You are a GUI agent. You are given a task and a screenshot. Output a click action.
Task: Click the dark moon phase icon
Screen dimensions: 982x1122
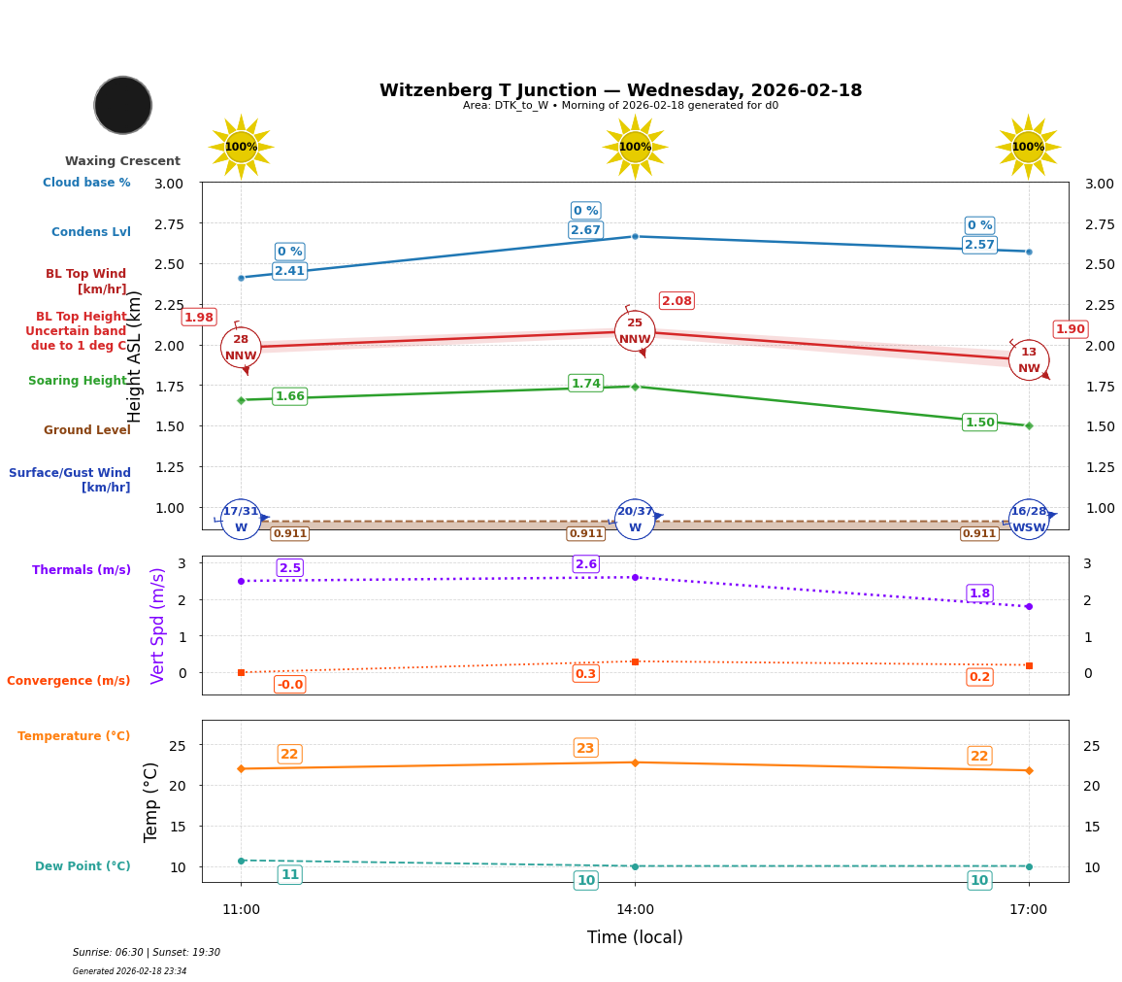123,105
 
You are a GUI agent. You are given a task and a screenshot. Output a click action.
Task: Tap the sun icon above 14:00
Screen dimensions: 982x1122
635,147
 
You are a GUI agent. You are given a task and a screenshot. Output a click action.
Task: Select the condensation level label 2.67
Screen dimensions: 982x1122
585,230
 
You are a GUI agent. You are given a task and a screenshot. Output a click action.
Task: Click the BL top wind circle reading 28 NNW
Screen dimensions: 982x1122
241,348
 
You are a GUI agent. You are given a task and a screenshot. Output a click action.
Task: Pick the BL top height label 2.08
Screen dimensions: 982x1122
676,301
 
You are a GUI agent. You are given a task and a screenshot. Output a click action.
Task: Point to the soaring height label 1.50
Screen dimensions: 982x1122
979,423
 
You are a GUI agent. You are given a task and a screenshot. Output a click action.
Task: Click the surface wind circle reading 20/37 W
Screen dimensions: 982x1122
635,520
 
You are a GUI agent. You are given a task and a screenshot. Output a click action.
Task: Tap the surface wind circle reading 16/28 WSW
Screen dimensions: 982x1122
1029,520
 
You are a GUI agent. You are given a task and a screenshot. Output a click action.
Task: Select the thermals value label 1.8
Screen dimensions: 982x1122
979,593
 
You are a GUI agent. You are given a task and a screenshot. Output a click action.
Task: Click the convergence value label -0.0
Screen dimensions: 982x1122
289,685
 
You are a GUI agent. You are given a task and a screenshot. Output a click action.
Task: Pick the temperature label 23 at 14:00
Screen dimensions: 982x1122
585,748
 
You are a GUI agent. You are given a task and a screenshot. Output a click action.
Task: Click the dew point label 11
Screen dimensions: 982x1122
289,875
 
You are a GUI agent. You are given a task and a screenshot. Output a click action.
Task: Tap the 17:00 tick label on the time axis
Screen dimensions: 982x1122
1028,910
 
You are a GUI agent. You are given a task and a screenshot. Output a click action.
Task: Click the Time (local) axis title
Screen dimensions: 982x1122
635,937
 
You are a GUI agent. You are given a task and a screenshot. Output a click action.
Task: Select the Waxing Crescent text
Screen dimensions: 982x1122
122,161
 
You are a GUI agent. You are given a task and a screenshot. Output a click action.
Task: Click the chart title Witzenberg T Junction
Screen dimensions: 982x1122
620,90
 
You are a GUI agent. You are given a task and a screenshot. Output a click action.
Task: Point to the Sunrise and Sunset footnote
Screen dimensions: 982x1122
147,953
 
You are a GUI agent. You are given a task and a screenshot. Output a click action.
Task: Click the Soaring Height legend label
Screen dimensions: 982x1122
78,381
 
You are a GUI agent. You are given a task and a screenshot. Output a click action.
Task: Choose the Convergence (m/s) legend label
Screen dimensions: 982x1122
69,681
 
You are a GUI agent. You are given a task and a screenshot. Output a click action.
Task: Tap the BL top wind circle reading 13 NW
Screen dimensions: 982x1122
1029,360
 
